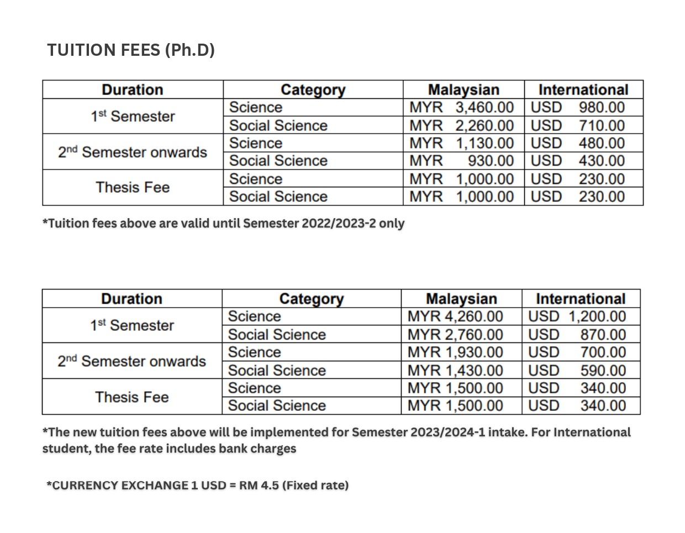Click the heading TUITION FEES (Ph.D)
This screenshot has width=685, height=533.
[x=131, y=50]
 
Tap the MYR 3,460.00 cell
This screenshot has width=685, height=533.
[x=461, y=107]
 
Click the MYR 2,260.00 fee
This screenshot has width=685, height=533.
[x=461, y=125]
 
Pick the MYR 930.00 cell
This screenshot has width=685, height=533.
[x=461, y=161]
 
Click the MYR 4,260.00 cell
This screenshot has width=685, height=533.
[x=455, y=316]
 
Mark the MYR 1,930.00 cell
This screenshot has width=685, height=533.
[x=455, y=352]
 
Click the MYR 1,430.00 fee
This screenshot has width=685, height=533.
[x=455, y=370]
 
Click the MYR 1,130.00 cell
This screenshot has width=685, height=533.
[x=461, y=143]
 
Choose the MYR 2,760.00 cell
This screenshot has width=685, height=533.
[x=455, y=335]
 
